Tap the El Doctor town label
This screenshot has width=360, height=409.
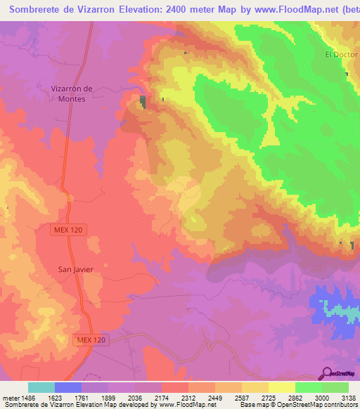click(x=338, y=54)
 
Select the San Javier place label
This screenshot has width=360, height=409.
click(x=75, y=269)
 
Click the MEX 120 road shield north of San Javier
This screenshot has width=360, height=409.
click(x=69, y=230)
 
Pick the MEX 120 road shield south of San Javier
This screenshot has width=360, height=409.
click(x=91, y=340)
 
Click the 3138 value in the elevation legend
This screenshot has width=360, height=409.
click(x=345, y=396)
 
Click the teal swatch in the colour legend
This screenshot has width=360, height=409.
click(x=41, y=387)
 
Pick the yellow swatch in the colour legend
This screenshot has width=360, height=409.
click(x=282, y=387)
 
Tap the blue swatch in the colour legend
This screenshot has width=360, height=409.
click(x=68, y=387)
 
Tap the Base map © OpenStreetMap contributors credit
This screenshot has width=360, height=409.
click(x=296, y=405)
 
